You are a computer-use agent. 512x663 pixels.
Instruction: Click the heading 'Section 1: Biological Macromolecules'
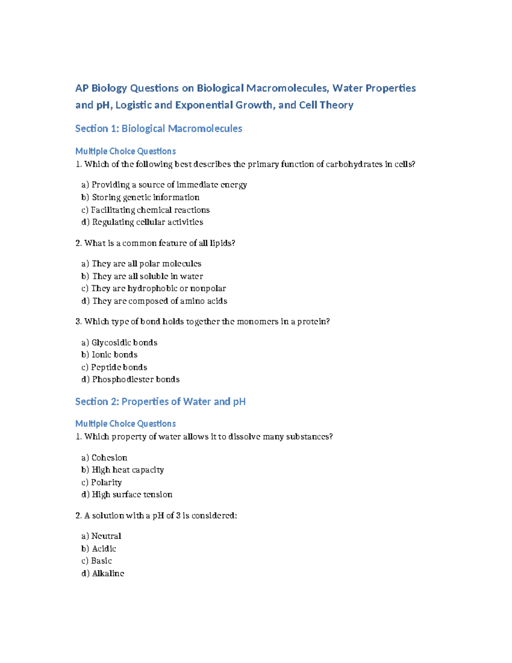coord(158,129)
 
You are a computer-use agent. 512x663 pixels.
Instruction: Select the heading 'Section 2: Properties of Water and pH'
coord(160,401)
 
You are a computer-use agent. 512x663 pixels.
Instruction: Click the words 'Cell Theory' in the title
coord(326,105)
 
